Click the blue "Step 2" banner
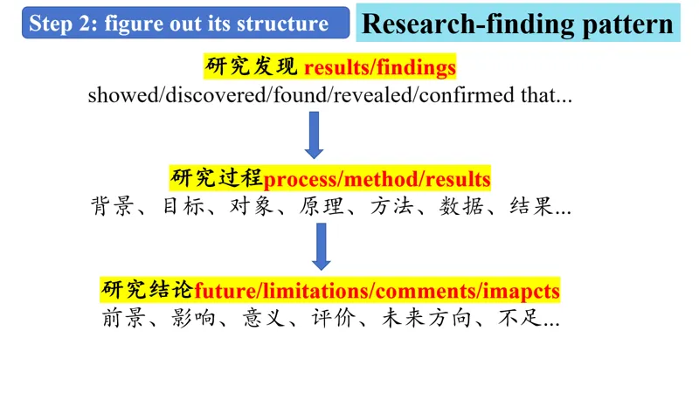coord(180,24)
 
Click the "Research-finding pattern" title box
coord(517,24)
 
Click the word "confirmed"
coord(467,95)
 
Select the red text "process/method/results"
coord(377,179)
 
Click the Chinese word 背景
coord(109,208)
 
